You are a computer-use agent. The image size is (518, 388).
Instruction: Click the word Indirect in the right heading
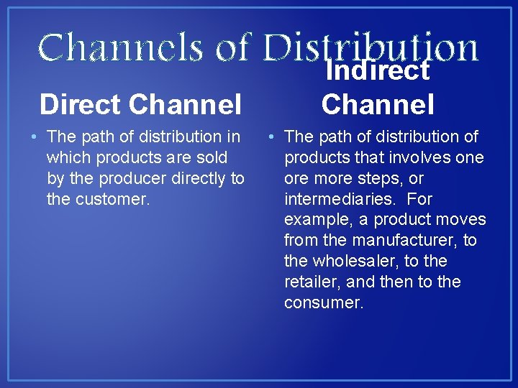(378, 70)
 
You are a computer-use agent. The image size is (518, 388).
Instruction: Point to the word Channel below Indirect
(378, 105)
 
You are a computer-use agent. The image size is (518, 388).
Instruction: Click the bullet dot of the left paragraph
(34, 137)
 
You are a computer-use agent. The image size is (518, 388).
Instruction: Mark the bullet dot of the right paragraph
(271, 137)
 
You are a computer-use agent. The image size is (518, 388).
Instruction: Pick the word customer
(98, 199)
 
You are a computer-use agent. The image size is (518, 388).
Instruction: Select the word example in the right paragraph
(317, 220)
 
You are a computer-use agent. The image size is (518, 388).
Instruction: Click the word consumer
(324, 302)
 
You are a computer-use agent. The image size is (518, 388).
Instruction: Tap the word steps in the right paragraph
(375, 178)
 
